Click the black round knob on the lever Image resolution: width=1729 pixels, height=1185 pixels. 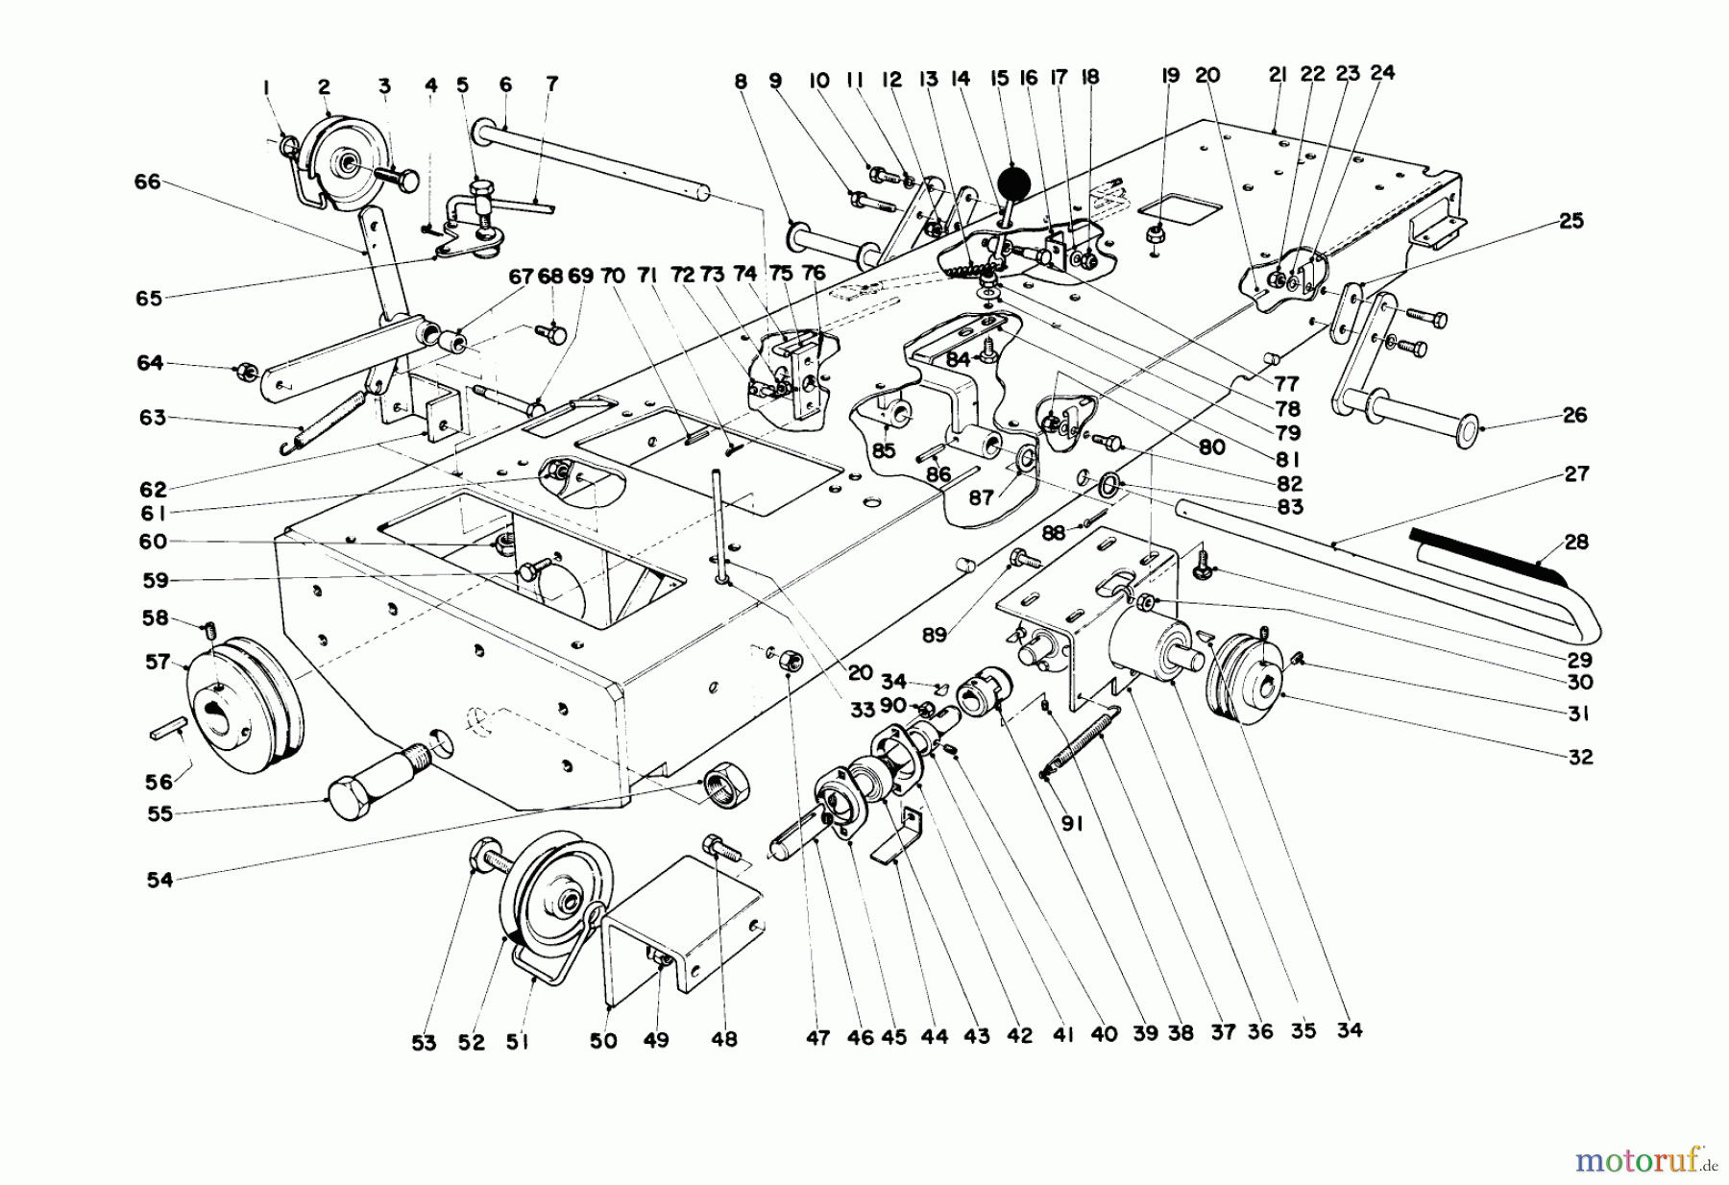(1011, 183)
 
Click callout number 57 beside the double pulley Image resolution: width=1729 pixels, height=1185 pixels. (158, 662)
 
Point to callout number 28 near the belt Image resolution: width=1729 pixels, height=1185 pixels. (1575, 542)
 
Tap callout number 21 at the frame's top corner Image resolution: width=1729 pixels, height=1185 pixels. (1277, 76)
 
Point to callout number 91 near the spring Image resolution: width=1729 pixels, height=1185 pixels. (1072, 823)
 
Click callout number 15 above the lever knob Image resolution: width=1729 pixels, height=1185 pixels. (1000, 76)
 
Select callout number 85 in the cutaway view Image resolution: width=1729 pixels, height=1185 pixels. (883, 449)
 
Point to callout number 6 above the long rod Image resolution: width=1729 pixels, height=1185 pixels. (505, 84)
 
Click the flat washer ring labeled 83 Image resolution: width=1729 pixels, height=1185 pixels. (1108, 482)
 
